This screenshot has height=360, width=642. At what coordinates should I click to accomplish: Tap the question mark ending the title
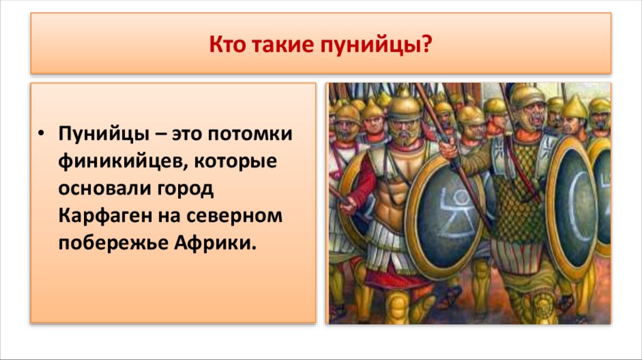click(x=428, y=45)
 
